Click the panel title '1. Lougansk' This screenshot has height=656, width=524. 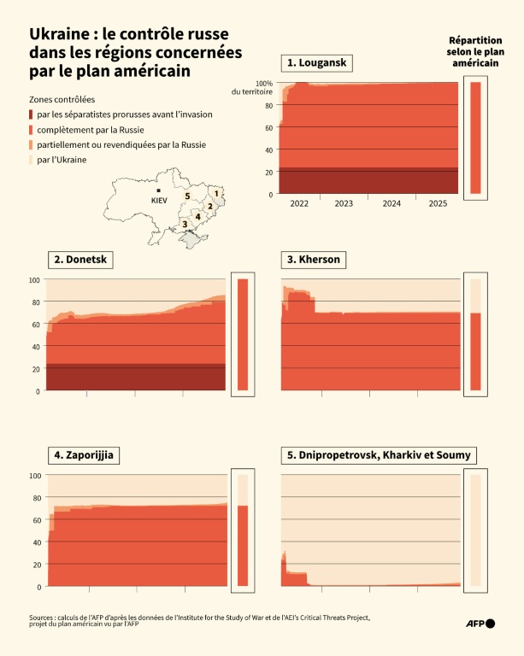pyautogui.click(x=318, y=63)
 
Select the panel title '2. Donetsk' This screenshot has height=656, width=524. pyautogui.click(x=83, y=260)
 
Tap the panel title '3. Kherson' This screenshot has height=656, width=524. pyautogui.click(x=314, y=260)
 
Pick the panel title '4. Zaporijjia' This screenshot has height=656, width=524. pyautogui.click(x=84, y=455)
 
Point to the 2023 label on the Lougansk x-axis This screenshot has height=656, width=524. pyautogui.click(x=344, y=204)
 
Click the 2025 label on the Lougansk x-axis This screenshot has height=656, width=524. pyautogui.click(x=438, y=204)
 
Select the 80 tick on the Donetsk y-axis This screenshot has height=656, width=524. pyautogui.click(x=35, y=302)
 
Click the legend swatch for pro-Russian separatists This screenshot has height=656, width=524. pyautogui.click(x=32, y=114)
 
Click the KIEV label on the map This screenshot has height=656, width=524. pyautogui.click(x=158, y=200)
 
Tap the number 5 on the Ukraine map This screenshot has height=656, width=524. pyautogui.click(x=186, y=196)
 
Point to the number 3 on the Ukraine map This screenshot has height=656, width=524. pyautogui.click(x=183, y=225)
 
